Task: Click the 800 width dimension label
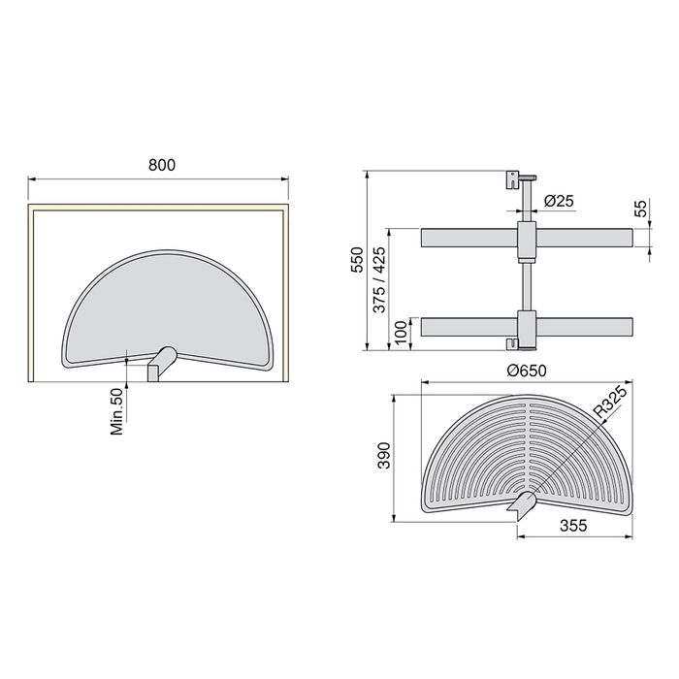tap(162, 165)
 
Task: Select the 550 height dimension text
tap(357, 261)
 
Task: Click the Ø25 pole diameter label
tap(560, 201)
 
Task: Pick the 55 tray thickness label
tap(640, 209)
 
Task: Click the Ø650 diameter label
tap(527, 369)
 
